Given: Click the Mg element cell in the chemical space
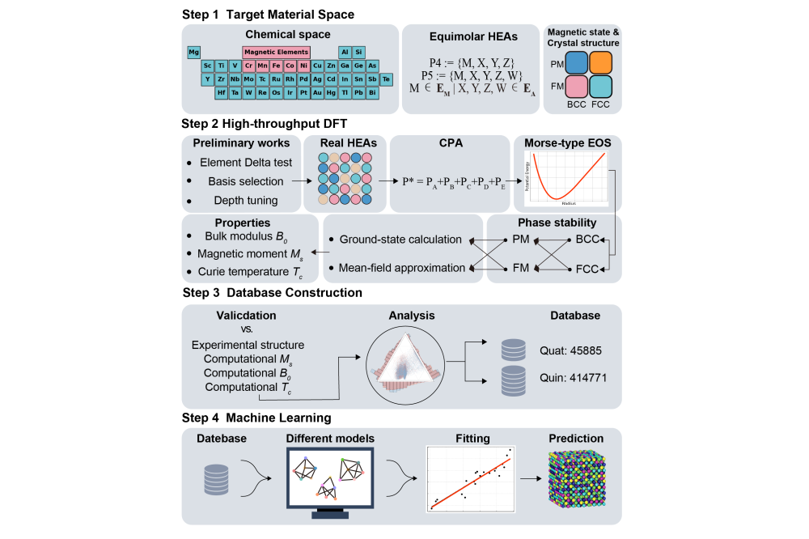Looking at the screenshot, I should pos(194,52).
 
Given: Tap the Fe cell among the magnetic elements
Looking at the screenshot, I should pos(276,66).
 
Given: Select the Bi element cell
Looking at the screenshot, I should pos(372,93).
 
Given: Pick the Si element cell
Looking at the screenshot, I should pos(358,52).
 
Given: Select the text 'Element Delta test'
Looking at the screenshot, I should pos(246,163).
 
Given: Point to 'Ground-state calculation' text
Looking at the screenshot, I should pos(400,240).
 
